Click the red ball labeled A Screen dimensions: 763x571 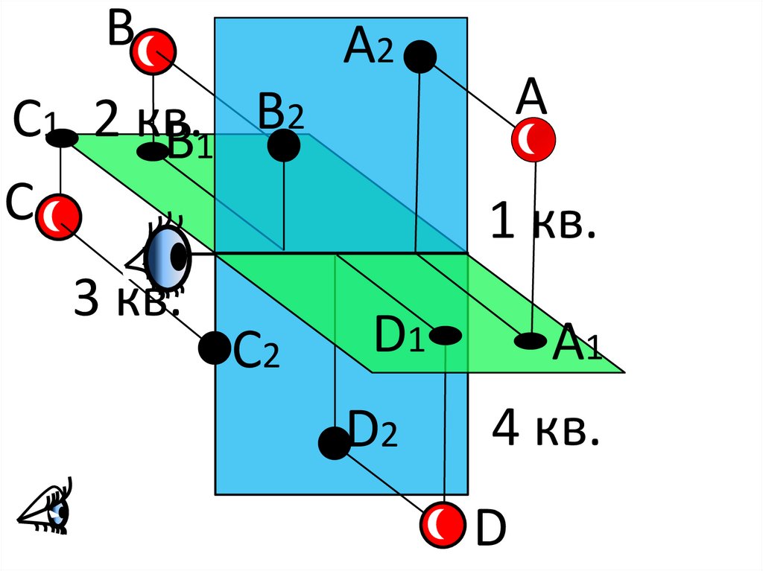tap(533, 139)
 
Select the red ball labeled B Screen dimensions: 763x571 tap(153, 52)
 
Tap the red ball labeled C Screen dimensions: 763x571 tap(60, 217)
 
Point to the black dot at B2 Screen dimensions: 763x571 tap(284, 145)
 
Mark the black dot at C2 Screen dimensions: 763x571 tap(215, 348)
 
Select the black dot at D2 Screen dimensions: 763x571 tap(334, 443)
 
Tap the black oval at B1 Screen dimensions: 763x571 tap(153, 152)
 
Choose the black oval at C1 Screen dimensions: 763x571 tap(63, 138)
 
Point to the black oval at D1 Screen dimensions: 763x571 tap(446, 336)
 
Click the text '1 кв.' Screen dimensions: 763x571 tap(542, 223)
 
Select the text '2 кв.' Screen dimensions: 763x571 tap(147, 121)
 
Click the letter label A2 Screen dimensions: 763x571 tap(367, 49)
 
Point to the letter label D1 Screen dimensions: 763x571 tap(399, 336)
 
